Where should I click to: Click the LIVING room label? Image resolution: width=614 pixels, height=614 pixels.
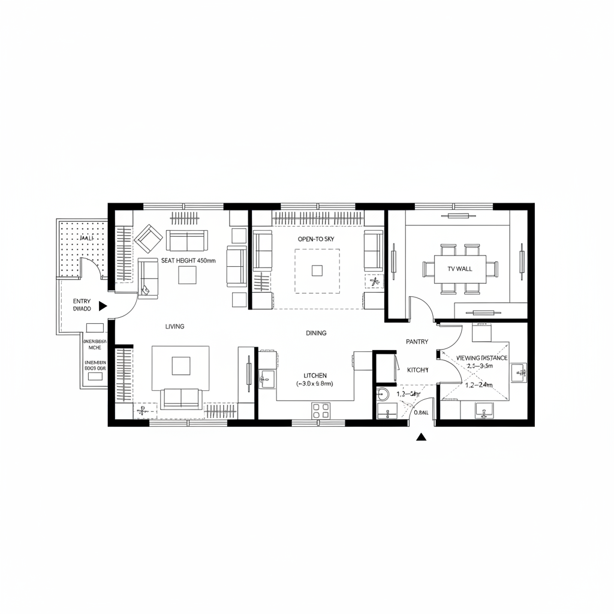pyautogui.click(x=174, y=327)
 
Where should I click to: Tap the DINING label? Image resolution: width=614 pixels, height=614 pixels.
pyautogui.click(x=316, y=333)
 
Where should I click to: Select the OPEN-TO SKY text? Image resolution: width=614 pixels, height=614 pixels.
pyautogui.click(x=315, y=239)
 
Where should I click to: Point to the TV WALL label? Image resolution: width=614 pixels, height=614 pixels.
pyautogui.click(x=460, y=269)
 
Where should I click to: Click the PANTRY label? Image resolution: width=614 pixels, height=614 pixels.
pyautogui.click(x=417, y=341)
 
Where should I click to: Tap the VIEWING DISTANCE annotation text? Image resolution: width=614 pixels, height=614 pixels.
pyautogui.click(x=481, y=358)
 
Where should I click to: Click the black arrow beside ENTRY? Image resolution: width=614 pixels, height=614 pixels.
pyautogui.click(x=103, y=306)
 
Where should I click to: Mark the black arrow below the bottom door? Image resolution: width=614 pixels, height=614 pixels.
pyautogui.click(x=421, y=437)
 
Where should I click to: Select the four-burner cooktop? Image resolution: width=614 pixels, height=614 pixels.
pyautogui.click(x=321, y=410)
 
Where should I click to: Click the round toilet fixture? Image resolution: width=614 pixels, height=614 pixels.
pyautogui.click(x=382, y=395)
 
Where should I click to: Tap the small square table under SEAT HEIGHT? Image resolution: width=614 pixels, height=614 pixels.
pyautogui.click(x=187, y=275)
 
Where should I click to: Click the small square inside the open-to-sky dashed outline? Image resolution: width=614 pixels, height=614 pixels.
pyautogui.click(x=317, y=270)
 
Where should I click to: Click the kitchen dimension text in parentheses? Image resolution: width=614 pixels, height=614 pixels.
pyautogui.click(x=315, y=383)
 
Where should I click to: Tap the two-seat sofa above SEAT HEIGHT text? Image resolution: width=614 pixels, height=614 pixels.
pyautogui.click(x=187, y=241)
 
